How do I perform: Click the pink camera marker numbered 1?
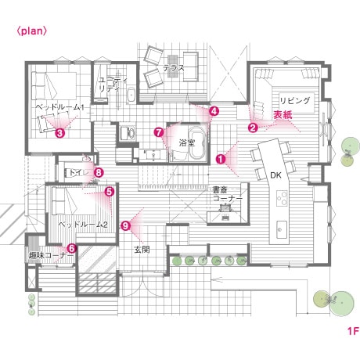point(221,159)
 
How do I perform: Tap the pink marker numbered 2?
point(253,128)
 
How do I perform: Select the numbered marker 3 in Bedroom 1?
point(59,133)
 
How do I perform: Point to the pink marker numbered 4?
point(214,111)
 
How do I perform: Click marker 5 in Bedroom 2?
point(109,192)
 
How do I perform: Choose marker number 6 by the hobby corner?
point(72,248)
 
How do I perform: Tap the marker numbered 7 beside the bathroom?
point(159,132)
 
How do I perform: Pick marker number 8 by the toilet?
point(99,172)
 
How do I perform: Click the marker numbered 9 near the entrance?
point(126,225)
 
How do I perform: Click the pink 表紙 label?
point(283,115)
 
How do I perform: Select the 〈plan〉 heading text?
point(32,31)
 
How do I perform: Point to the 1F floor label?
point(353,331)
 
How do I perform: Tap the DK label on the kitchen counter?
point(275,175)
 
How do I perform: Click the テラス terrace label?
point(174,68)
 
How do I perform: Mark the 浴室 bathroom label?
point(187,142)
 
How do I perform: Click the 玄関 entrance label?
point(142,250)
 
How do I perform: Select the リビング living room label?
point(295,101)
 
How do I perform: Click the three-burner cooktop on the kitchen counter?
point(282,198)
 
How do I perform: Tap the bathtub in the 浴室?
point(198,142)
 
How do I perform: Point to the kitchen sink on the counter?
point(282,229)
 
